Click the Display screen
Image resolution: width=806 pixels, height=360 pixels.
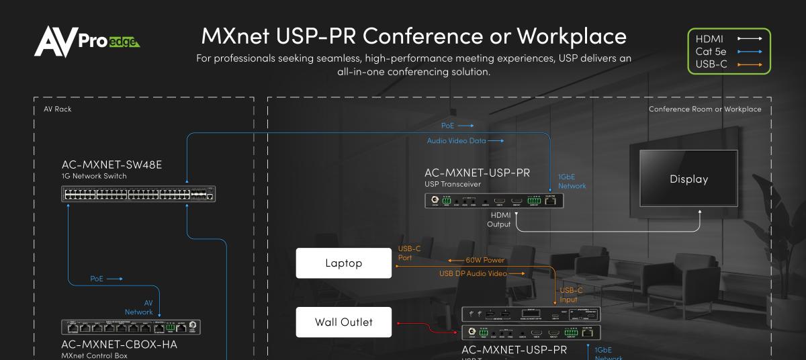[x=688, y=179]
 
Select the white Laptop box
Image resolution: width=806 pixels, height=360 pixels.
[x=343, y=263]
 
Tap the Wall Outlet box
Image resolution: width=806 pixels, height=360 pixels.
[x=343, y=322]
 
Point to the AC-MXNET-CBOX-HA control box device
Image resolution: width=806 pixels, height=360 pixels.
[x=132, y=328]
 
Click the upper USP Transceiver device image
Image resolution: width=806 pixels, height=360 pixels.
[x=494, y=200]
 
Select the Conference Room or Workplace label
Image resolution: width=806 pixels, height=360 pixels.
[x=705, y=109]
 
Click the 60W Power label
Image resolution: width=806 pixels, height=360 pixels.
[x=484, y=260]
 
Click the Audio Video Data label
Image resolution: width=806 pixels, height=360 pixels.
[x=456, y=140]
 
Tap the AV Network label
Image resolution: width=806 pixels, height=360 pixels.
[x=139, y=307]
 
